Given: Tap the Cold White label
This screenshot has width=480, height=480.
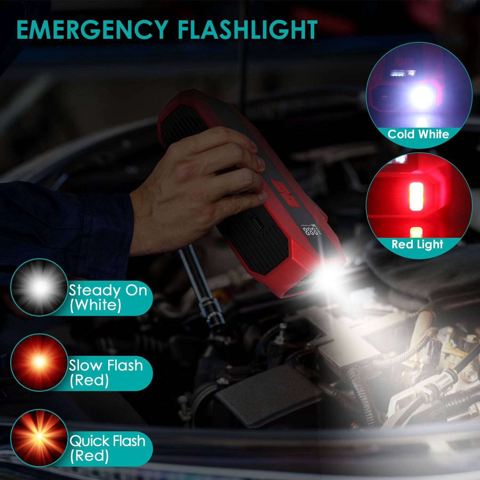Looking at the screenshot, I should (x=418, y=134).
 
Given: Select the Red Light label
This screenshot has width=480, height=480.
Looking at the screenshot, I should (x=418, y=244).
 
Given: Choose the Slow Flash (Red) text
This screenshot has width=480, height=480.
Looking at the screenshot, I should (x=106, y=372).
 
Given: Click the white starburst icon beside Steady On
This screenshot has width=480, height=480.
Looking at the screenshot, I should (x=39, y=287).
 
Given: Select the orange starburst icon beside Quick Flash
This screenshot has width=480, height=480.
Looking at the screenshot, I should (x=39, y=437).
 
